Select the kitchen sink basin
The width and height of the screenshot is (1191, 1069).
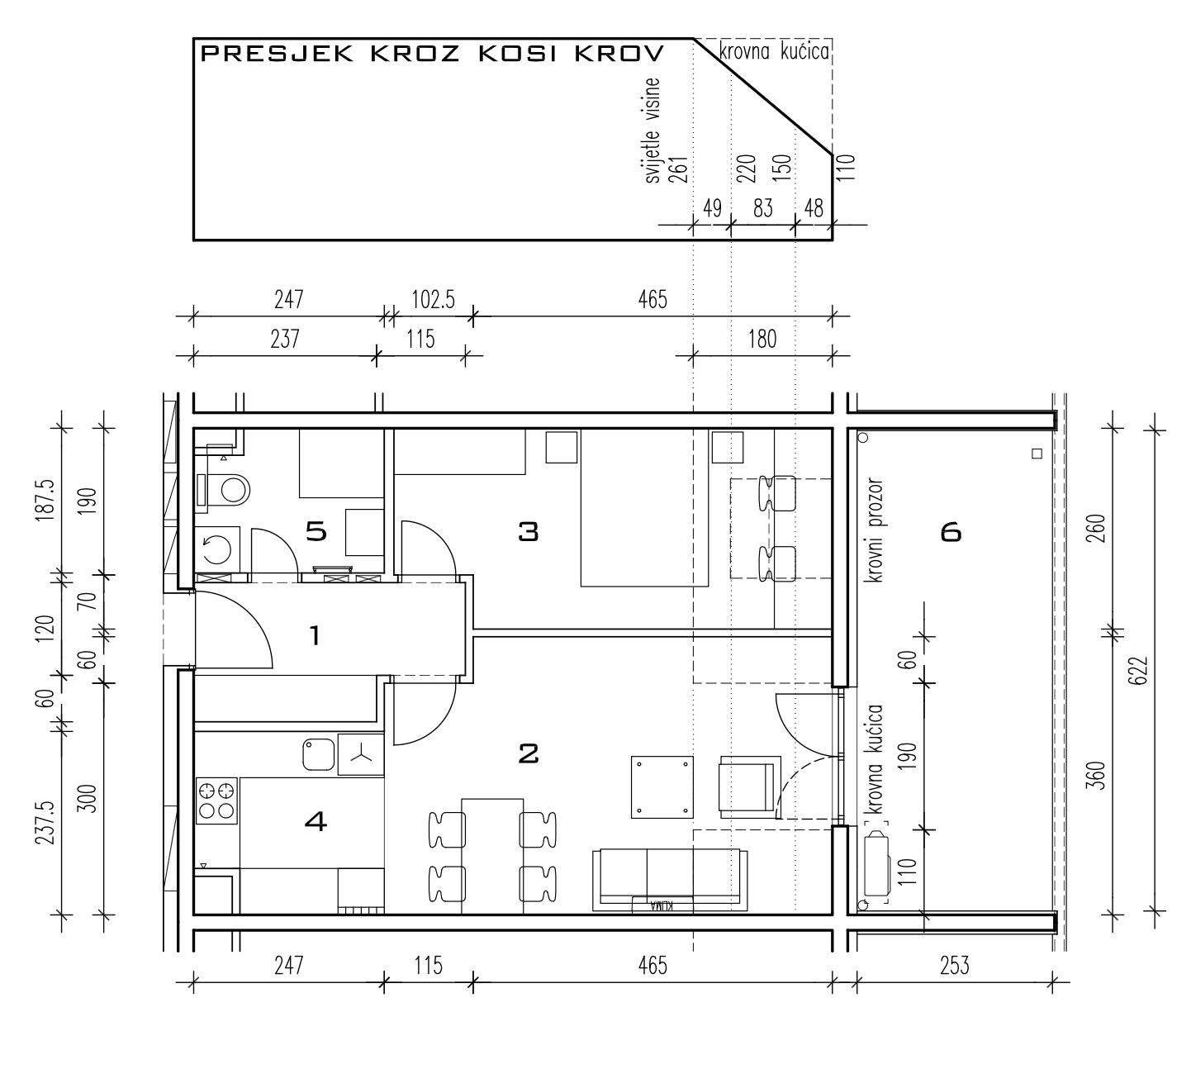coord(319,754)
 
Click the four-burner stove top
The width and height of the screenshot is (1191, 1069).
coord(217,801)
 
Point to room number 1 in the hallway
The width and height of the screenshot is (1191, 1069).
coord(315,635)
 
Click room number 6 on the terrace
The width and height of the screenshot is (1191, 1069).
coord(951,532)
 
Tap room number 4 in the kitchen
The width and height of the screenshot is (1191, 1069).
coord(316,821)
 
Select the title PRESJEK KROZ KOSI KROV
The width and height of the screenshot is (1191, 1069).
coord(432,54)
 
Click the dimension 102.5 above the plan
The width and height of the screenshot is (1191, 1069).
coord(434,299)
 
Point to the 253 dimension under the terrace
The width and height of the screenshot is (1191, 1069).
coord(954,966)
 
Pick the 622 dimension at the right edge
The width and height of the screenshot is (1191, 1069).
coord(1139,671)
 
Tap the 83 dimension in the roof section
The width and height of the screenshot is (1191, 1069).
coord(762,208)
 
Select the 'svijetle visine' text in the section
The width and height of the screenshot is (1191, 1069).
coord(652,131)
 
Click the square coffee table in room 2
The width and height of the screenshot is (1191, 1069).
coord(662,787)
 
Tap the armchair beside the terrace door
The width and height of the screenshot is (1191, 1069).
coord(749,786)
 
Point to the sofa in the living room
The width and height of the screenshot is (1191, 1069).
coord(670,881)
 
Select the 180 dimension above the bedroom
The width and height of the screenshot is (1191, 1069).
coord(762,340)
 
